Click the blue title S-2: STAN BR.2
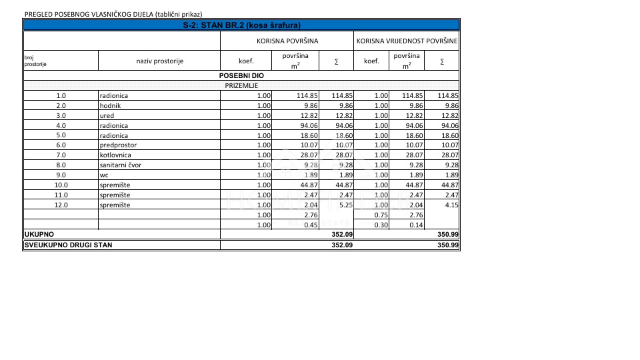tap(241, 25)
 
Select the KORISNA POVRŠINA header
tap(287, 41)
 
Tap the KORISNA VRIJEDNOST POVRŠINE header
tap(407, 41)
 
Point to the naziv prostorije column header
tap(159, 61)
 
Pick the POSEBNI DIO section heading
tap(241, 76)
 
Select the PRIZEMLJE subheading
tap(241, 86)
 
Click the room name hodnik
tap(110, 105)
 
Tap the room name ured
tap(107, 115)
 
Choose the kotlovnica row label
tap(115, 155)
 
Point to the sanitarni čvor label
tap(121, 165)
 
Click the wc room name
tap(105, 175)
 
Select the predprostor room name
tap(118, 145)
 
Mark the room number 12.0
tap(61, 205)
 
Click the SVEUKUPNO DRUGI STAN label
tap(68, 245)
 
